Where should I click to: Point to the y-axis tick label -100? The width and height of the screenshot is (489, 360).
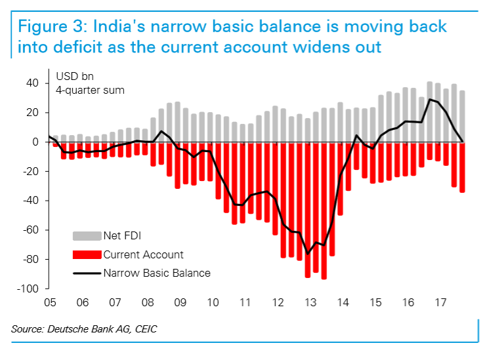click(x=30, y=289)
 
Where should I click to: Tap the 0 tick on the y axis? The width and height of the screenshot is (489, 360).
click(x=38, y=142)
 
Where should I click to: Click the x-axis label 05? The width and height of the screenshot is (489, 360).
click(x=50, y=304)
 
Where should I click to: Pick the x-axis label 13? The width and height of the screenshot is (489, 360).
click(x=310, y=304)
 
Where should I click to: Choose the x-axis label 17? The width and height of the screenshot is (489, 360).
click(x=440, y=304)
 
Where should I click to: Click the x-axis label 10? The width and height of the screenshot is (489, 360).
click(x=212, y=304)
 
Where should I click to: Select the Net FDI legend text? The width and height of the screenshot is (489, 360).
click(x=123, y=236)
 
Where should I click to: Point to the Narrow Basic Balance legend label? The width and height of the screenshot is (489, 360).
click(x=157, y=273)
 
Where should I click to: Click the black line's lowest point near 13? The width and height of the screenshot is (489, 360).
click(x=307, y=254)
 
